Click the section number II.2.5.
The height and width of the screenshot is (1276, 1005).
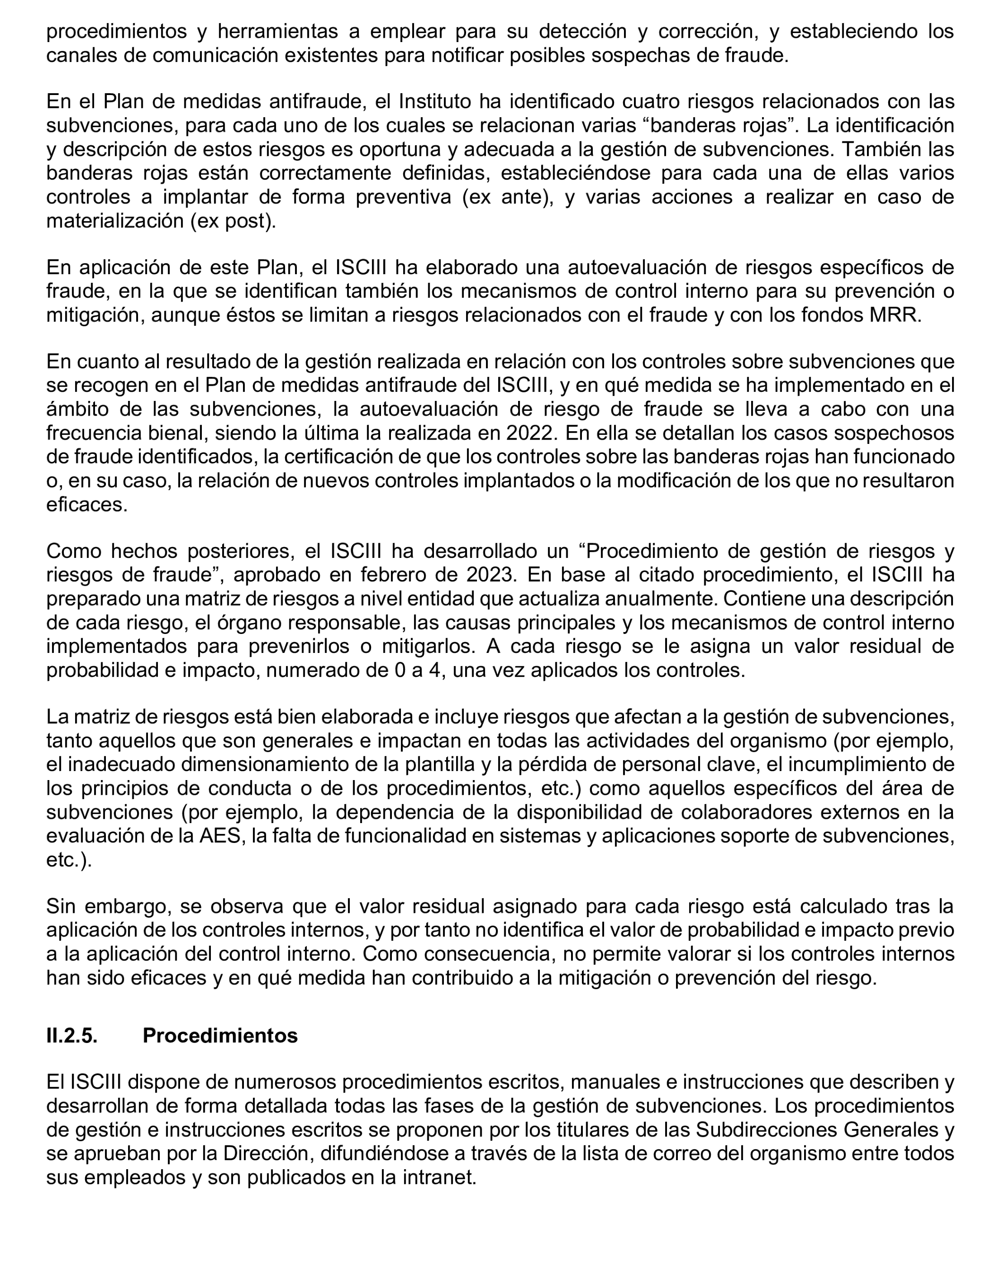72,1035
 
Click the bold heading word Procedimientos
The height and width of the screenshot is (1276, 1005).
220,1035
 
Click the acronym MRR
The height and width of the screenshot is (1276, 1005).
894,315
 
